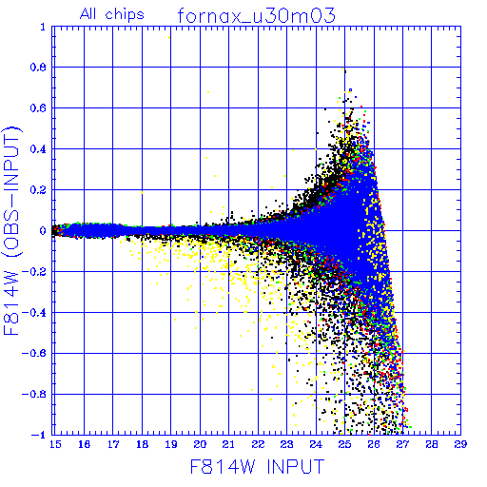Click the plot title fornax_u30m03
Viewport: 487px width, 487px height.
click(256, 15)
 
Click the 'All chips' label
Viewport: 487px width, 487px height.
click(112, 14)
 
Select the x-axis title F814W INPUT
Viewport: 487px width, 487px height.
click(258, 466)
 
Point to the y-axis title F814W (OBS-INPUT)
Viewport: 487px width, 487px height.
click(12, 230)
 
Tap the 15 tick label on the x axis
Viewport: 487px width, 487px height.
click(55, 444)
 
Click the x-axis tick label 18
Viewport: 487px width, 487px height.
click(142, 444)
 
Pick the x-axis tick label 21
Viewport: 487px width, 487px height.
click(228, 444)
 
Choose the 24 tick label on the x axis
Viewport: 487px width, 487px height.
click(316, 444)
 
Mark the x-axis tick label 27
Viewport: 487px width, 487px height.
click(402, 444)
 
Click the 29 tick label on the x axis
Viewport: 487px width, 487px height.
click(460, 444)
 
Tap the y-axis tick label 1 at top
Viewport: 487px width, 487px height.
click(43, 27)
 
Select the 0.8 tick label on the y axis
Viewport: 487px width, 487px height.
click(38, 68)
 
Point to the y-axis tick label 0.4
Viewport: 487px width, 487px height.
click(38, 149)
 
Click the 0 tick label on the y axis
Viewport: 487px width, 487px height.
click(43, 230)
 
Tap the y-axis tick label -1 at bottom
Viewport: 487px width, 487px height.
click(38, 435)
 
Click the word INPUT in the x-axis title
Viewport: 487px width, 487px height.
click(296, 466)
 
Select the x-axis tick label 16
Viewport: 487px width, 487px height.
click(84, 444)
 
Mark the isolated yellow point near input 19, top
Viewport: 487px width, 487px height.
click(169, 37)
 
